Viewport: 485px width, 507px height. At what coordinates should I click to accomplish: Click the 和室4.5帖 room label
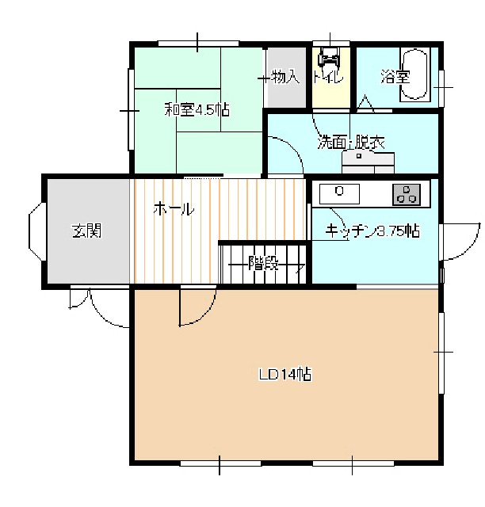click(197, 110)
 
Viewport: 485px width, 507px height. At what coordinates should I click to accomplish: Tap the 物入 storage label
click(285, 77)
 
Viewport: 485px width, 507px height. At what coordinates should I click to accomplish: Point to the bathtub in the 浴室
click(415, 74)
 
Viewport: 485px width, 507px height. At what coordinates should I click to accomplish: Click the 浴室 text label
click(395, 77)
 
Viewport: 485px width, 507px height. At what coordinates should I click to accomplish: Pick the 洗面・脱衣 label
click(351, 143)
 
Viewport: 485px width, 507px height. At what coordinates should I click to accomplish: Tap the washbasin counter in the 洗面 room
click(369, 162)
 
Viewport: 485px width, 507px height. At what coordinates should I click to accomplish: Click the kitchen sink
click(339, 194)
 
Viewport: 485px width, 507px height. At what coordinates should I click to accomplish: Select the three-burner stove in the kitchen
click(407, 195)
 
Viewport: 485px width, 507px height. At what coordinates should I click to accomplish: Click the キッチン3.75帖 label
click(372, 231)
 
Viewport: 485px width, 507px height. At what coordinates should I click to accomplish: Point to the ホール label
click(174, 209)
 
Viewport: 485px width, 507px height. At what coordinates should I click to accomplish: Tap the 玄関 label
click(86, 231)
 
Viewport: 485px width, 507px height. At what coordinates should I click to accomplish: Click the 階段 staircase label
click(263, 264)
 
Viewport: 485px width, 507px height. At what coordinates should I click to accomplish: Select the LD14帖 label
click(285, 375)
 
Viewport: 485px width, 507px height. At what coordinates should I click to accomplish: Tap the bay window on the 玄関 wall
click(36, 231)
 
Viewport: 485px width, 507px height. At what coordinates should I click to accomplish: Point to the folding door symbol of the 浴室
click(365, 104)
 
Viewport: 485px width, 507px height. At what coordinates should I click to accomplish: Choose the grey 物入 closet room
click(285, 78)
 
